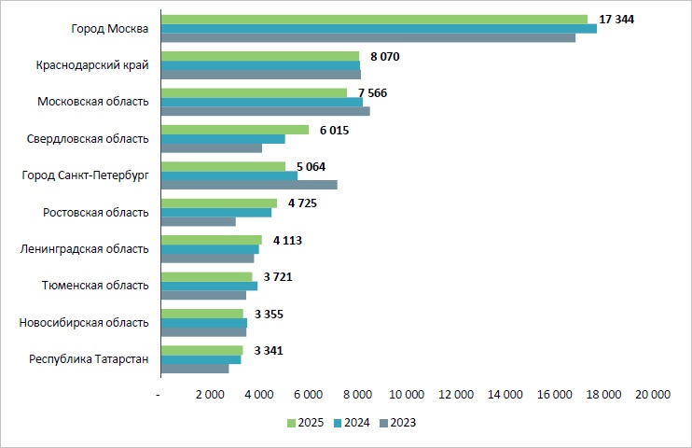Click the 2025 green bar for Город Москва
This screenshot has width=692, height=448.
pos(373,19)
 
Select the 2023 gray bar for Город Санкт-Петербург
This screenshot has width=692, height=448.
pos(248,185)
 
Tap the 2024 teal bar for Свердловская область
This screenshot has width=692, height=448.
pos(222,139)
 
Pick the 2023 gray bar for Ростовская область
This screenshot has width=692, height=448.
pos(198,221)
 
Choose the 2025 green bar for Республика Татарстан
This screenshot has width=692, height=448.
pos(201,350)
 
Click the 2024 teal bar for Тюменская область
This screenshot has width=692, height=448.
pos(209,286)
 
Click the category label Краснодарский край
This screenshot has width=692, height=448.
pos(92,65)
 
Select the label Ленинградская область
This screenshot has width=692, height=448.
pos(85,249)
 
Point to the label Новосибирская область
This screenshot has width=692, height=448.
pos(84,323)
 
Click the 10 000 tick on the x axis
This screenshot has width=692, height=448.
pos(407,396)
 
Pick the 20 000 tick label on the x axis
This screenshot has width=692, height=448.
pos(652,396)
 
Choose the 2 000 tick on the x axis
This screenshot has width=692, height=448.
pos(211,396)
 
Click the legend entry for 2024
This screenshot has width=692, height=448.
pos(351,423)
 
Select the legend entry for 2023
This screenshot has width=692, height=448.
pos(396,423)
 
